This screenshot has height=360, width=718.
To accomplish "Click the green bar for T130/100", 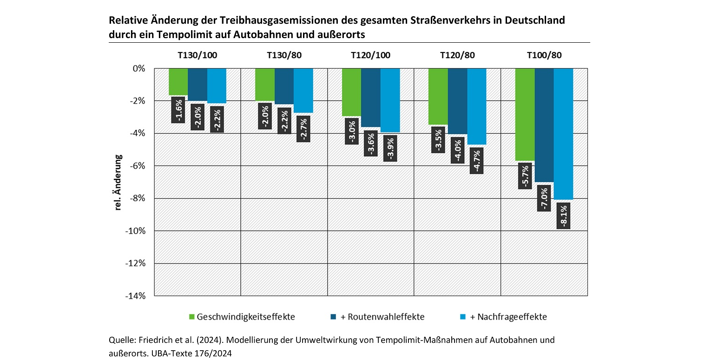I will pos(178,81).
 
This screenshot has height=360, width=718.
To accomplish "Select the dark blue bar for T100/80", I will pos(544,125).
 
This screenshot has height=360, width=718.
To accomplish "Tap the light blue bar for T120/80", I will pos(477,106).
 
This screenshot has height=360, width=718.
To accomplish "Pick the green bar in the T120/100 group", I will pos(351,92).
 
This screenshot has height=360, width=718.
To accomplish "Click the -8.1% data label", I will pos(563,216).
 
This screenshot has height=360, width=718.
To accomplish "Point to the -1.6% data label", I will pos(178,110).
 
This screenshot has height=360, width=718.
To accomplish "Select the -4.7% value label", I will pos(477,160).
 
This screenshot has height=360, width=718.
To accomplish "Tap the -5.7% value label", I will pos(525,176).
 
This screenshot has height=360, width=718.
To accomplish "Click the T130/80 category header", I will pos(284,55).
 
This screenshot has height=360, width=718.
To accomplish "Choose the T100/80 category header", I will pos(544,55).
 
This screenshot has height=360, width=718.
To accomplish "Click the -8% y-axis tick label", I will pos(137,198).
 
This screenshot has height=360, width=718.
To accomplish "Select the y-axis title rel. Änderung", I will pos(119,182).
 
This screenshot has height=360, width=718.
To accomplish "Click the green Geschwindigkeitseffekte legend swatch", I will pos(191,317).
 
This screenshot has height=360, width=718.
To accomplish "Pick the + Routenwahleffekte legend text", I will pos(382,317).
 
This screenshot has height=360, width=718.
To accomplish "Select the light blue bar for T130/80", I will pos(303,91).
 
